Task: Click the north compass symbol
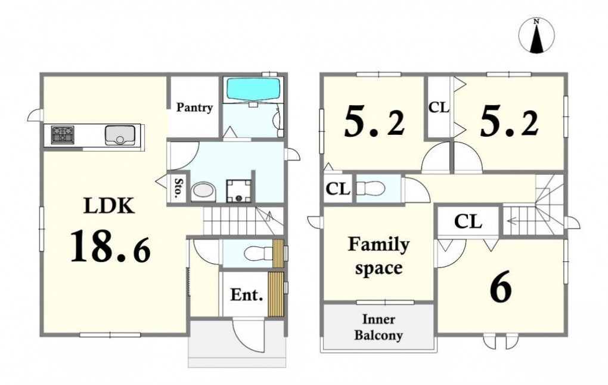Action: [536, 35]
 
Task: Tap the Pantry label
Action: [195, 107]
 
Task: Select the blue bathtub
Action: [253, 90]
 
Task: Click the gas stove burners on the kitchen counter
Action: [63, 135]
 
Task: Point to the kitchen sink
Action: [120, 135]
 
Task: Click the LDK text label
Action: [110, 206]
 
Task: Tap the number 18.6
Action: [110, 246]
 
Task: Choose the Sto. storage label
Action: [178, 188]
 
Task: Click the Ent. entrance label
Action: [247, 295]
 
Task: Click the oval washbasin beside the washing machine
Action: [204, 192]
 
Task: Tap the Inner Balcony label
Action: [378, 327]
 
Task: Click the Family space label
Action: [378, 255]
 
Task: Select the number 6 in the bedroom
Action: [501, 289]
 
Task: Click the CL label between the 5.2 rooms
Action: [439, 107]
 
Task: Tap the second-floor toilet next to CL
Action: [370, 189]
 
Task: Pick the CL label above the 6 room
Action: [468, 221]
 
